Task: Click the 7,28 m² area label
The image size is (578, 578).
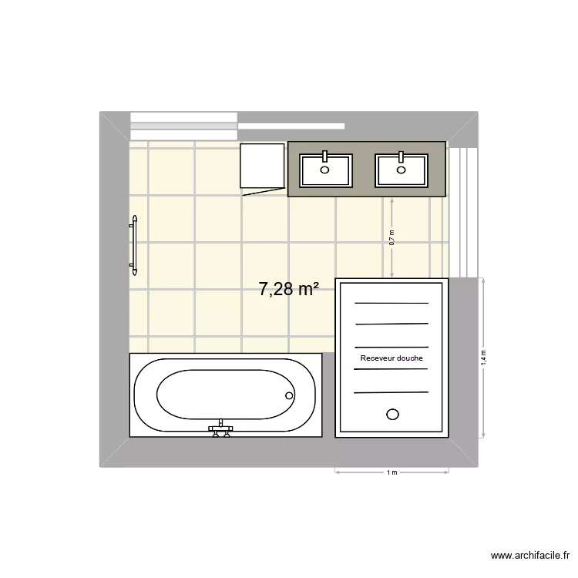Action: coord(289,289)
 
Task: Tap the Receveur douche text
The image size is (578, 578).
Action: coord(391,358)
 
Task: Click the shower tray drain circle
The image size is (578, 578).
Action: coord(392,415)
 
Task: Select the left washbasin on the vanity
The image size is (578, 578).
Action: coord(325,170)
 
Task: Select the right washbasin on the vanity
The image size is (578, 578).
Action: coord(401,170)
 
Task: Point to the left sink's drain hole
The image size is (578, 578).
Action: coord(324,170)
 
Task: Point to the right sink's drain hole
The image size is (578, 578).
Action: coord(401,170)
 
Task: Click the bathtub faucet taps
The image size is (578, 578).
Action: coord(221,429)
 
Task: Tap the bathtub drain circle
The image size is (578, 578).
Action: coord(290,396)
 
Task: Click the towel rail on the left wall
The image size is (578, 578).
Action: coord(134,245)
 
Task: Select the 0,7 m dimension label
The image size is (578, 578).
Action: coord(391,237)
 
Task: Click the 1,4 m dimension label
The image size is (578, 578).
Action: coord(484,357)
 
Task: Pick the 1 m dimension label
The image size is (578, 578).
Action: coord(391,472)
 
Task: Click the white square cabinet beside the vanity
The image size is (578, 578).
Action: coord(262,166)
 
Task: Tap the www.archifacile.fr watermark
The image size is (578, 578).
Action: coord(531,555)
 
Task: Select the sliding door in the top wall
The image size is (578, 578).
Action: coord(237,126)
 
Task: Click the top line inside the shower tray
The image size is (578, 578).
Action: coord(391,303)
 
